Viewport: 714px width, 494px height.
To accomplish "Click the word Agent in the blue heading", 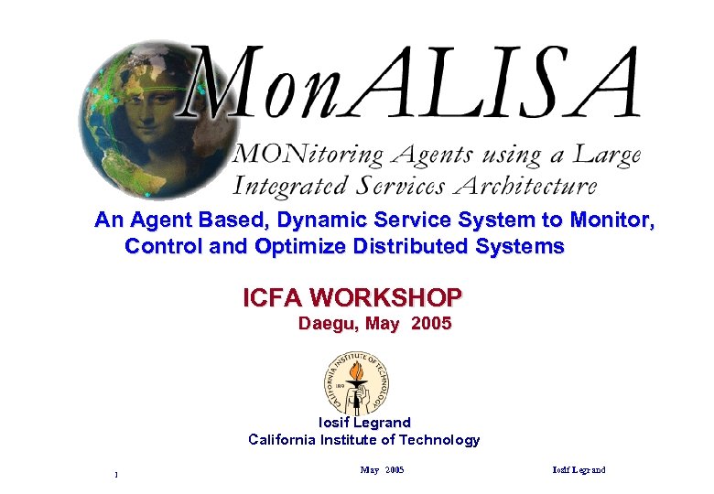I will pos(163,220).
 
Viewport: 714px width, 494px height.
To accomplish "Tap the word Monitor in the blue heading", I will pos(612,220).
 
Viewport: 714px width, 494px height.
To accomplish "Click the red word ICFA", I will pos(273,298).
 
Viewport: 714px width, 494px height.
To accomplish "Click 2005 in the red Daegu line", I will pos(431,324).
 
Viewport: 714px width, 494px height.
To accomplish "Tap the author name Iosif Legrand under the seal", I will pos(364,423).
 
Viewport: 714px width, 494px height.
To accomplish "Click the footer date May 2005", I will pos(382,470).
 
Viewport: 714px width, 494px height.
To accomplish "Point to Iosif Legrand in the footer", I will pos(579,470).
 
